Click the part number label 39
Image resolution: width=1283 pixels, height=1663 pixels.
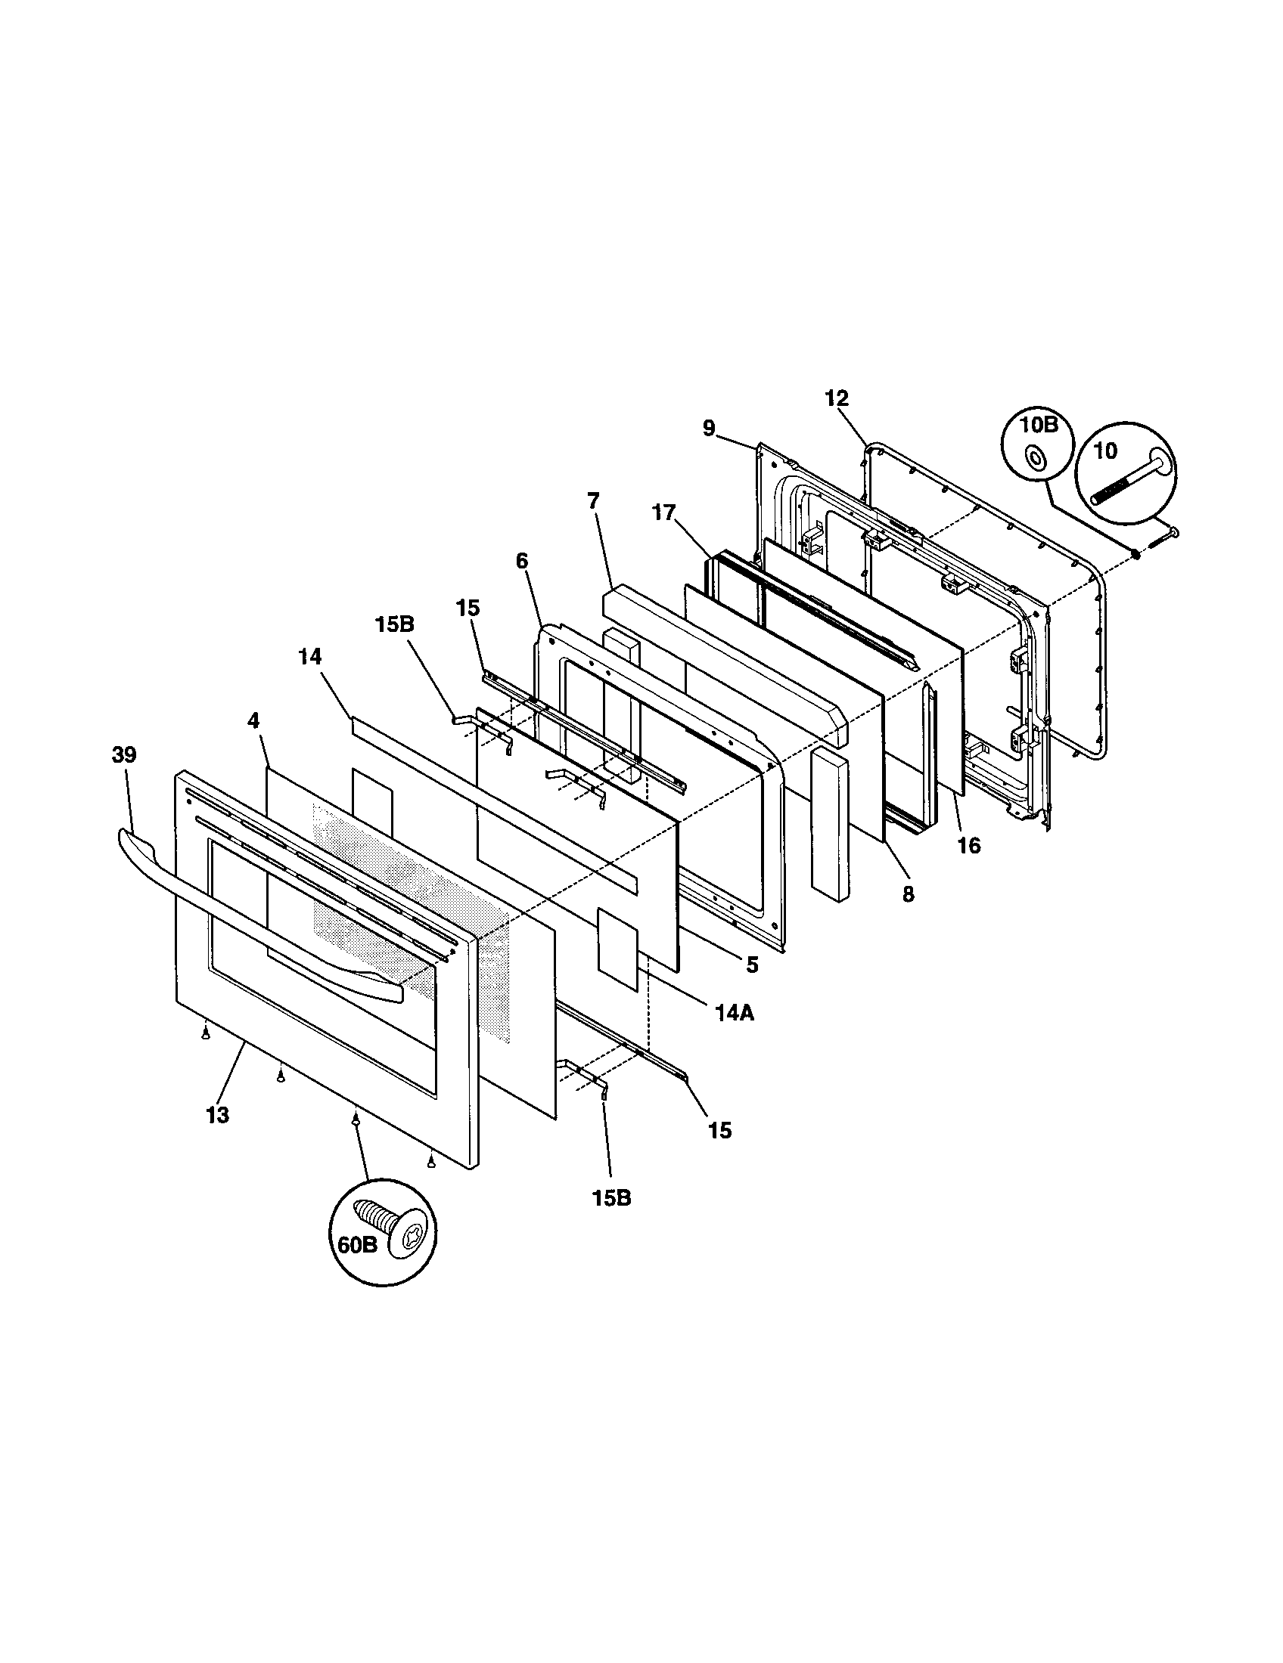124,754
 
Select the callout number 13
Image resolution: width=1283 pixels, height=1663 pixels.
217,1116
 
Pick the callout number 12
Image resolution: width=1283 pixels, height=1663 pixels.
836,398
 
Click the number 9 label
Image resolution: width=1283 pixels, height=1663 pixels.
709,429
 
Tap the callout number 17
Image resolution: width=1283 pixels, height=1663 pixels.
663,513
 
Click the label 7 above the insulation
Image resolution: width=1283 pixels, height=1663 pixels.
593,500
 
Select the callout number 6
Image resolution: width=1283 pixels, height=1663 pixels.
521,560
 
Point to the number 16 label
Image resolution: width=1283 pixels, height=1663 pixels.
968,845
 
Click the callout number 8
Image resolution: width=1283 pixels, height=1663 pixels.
907,895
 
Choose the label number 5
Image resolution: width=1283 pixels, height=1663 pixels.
752,965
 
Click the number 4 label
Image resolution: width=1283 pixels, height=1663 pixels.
253,720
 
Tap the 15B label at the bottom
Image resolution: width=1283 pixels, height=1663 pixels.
611,1198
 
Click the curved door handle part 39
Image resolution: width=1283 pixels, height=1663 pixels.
251,914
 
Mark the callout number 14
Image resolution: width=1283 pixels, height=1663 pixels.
309,656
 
